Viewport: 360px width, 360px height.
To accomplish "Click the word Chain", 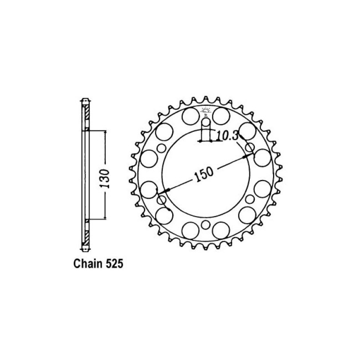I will click(x=87, y=264).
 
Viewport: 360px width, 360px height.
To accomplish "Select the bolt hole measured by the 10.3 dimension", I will click(x=206, y=122).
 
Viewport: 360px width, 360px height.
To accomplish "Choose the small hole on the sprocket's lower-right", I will click(x=250, y=199).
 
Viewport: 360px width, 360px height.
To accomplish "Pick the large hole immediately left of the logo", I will click(x=189, y=117).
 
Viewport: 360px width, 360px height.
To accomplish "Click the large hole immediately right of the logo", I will click(x=221, y=117).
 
